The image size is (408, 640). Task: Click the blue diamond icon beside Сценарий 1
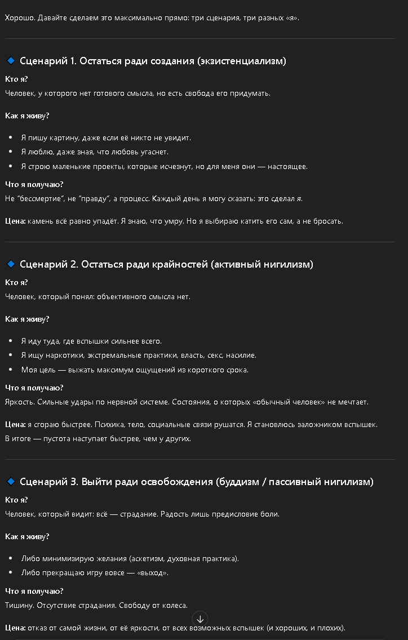10,61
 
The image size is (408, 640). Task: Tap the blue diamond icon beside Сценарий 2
10,264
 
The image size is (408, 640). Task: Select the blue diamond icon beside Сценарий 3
10,482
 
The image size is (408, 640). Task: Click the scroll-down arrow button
200,619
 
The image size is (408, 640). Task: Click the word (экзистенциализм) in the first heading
242,61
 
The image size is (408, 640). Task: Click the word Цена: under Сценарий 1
15,221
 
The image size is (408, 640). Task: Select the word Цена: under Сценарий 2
15,424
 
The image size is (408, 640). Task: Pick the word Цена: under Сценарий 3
15,628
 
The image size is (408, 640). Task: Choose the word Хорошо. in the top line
19,17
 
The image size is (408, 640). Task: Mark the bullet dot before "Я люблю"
11,152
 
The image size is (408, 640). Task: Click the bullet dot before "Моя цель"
11,370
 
